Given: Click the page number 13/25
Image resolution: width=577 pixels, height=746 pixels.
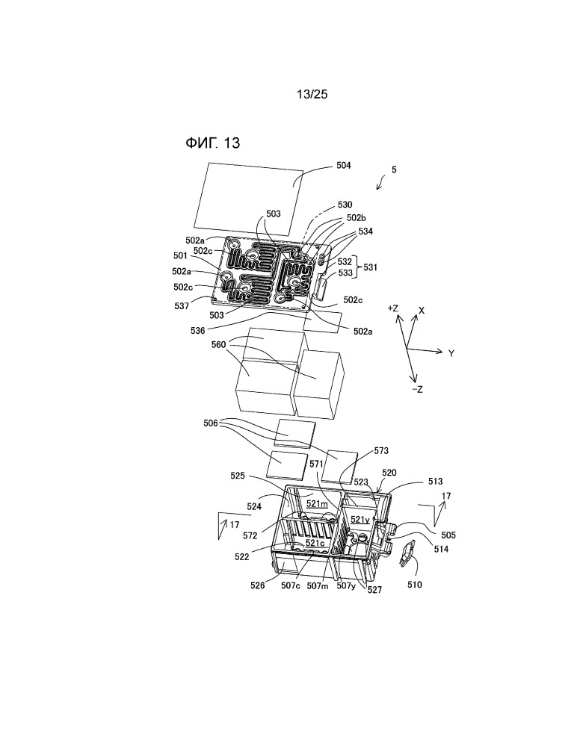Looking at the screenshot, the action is point(312,94).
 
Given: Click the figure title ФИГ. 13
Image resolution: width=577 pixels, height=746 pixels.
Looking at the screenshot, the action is point(212,143).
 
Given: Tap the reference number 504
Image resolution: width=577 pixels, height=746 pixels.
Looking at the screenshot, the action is point(343,165).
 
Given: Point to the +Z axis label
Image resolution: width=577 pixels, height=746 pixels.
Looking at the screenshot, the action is point(392,308).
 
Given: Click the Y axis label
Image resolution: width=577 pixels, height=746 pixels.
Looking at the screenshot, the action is point(451,353).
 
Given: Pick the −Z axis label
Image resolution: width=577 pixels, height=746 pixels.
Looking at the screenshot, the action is point(417,389).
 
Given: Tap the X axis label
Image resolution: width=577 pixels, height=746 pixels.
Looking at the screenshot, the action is point(422,311).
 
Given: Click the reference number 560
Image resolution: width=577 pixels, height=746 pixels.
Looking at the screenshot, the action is point(219,344).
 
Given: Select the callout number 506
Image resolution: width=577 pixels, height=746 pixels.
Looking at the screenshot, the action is point(211,423).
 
